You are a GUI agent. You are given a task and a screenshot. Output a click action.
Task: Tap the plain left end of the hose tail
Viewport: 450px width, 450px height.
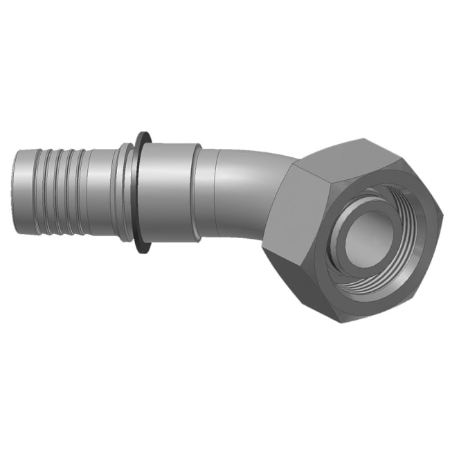(23, 190)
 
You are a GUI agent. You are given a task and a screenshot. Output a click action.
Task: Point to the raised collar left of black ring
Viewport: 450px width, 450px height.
(126, 190)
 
